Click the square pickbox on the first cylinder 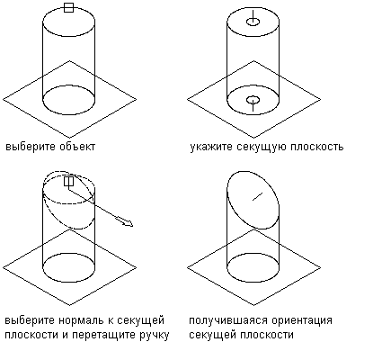(x=68, y=8)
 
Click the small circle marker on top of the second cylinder (x=253, y=22)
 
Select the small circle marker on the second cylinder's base (x=253, y=99)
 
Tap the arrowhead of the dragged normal (x=129, y=223)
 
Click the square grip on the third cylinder (x=68, y=181)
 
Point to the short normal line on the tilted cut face (x=257, y=196)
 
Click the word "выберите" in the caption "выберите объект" (x=31, y=147)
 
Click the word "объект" (x=77, y=147)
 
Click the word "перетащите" (x=105, y=335)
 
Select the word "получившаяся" (x=228, y=320)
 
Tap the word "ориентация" (x=302, y=320)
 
